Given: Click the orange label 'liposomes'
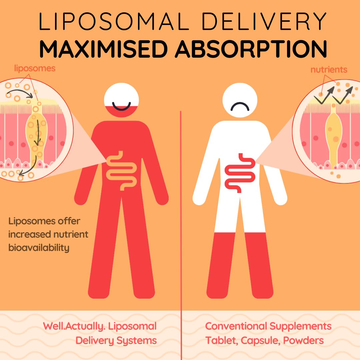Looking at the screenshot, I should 35,69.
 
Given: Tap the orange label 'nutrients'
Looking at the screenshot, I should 329,70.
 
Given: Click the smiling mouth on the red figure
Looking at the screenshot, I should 121,106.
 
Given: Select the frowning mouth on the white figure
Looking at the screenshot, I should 240,107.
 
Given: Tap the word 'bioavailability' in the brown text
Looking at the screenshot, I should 39,248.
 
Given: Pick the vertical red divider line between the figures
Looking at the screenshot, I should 181,233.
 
